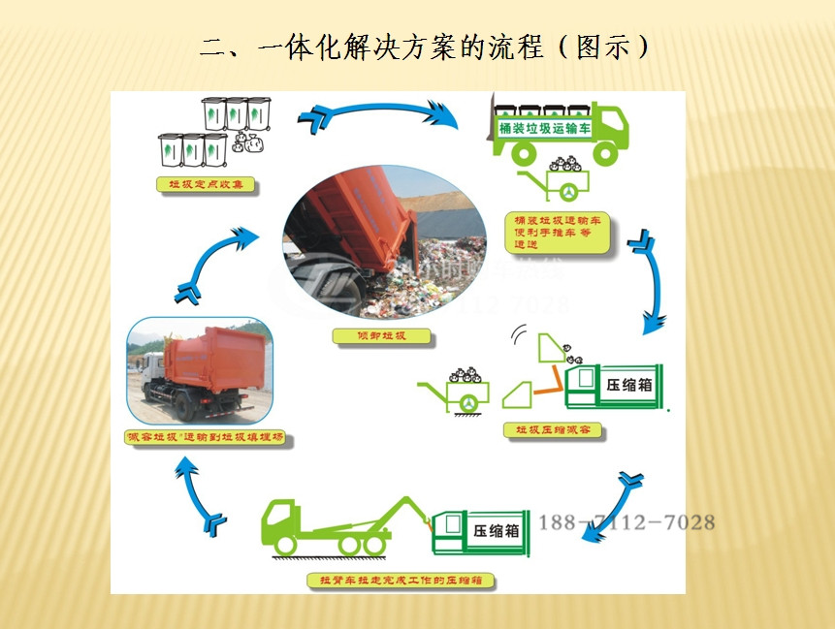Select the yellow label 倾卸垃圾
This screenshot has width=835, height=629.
click(x=381, y=336)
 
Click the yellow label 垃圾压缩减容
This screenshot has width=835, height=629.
click(x=553, y=429)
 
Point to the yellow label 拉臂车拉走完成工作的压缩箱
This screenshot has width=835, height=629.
click(x=401, y=581)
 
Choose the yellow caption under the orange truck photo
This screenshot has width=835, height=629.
click(x=207, y=438)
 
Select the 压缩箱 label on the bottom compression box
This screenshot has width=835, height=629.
click(x=496, y=531)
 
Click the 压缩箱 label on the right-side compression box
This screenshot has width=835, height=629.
click(x=628, y=384)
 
